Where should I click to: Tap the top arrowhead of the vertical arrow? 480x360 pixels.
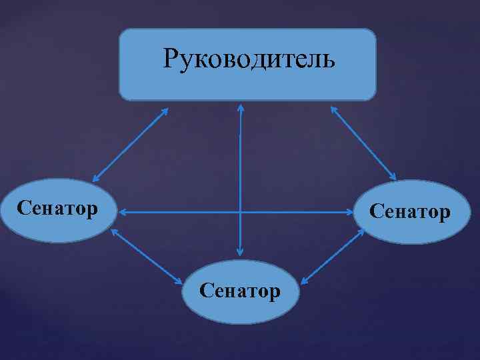(x=241, y=107)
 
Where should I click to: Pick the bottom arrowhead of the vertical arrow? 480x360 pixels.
(x=240, y=253)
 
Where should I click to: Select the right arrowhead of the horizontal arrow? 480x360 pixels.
(x=356, y=213)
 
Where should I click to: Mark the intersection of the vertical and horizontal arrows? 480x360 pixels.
(x=240, y=213)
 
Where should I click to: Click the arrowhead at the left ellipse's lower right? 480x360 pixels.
(x=113, y=231)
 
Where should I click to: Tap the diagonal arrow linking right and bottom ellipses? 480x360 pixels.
(x=332, y=257)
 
